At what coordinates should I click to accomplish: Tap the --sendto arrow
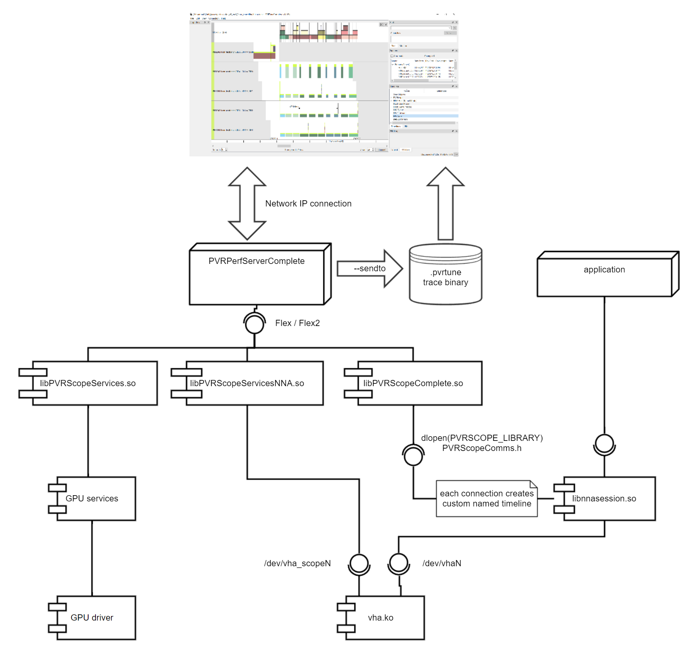pos(369,269)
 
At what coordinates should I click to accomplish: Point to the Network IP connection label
pos(308,204)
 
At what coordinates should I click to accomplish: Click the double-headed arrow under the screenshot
pos(247,203)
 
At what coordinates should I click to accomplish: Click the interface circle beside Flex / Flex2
pos(255,324)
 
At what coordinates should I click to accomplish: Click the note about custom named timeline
pos(486,499)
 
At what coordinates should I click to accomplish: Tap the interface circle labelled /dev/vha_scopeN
pos(359,563)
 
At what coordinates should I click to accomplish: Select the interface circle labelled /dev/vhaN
pos(399,563)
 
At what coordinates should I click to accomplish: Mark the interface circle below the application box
pos(604,444)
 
